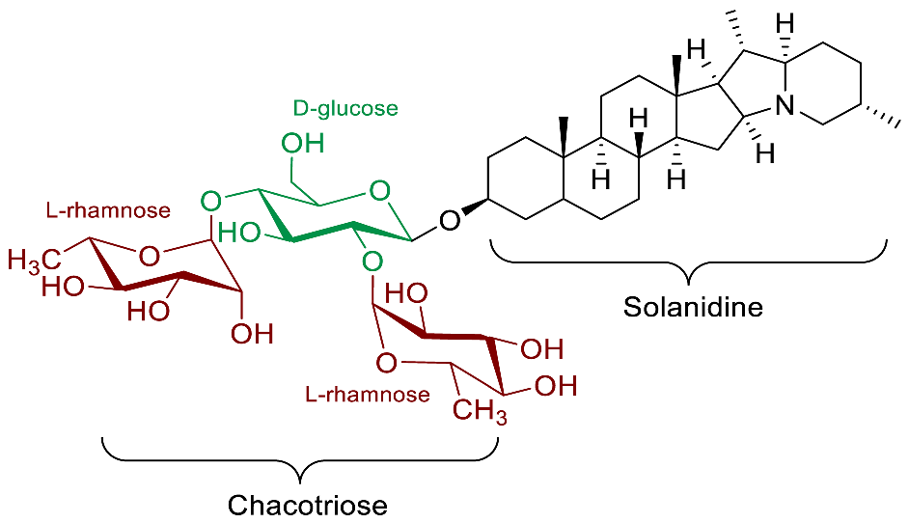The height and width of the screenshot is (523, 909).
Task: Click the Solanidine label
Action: (693, 308)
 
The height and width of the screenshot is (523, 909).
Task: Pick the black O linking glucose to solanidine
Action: (449, 222)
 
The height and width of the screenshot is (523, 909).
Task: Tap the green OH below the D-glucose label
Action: (302, 145)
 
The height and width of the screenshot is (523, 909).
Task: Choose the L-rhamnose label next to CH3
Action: (367, 395)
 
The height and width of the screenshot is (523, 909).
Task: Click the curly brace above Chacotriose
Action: (299, 458)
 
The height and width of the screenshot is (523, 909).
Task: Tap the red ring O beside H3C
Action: (148, 256)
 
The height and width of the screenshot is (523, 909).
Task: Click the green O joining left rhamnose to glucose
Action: (211, 201)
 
